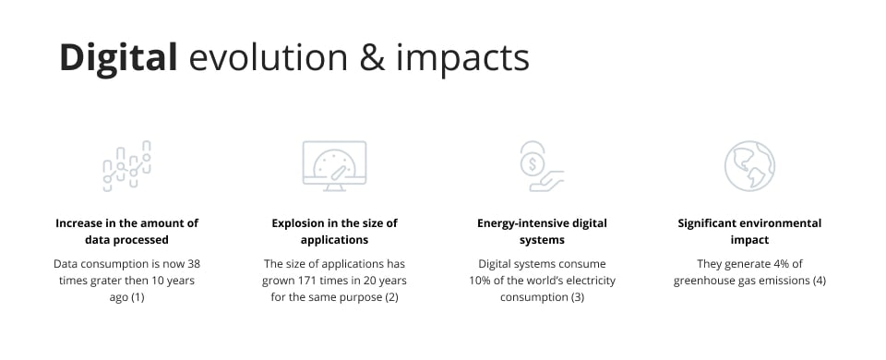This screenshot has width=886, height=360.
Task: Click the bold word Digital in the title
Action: tap(118, 57)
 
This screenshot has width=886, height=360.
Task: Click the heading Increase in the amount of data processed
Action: tap(127, 231)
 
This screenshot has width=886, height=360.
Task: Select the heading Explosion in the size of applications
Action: tap(334, 231)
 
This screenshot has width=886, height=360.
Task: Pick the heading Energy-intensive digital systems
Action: tap(542, 231)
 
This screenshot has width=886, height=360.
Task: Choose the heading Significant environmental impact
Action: tap(749, 231)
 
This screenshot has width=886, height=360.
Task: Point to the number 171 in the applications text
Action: tap(310, 281)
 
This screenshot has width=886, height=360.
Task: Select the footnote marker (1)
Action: tap(138, 297)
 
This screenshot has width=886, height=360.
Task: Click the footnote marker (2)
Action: tap(390, 297)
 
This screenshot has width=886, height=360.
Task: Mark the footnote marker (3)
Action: tap(577, 297)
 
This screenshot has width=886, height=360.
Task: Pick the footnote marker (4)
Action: tap(819, 281)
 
